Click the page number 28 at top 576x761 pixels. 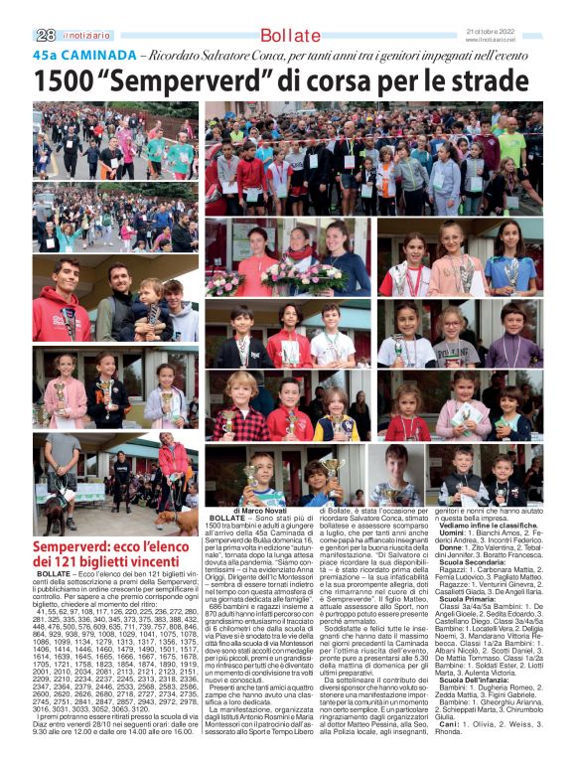click(44, 36)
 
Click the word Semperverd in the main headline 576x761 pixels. click(200, 79)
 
